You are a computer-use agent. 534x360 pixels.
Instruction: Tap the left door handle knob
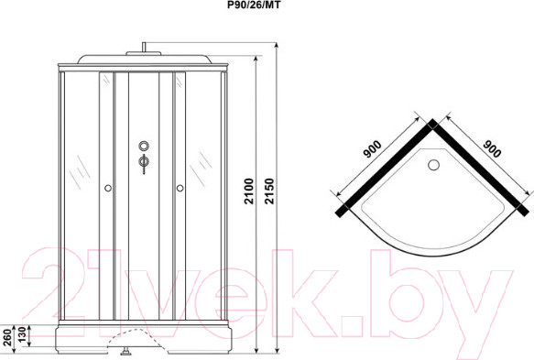109,189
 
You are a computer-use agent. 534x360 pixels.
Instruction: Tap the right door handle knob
180,189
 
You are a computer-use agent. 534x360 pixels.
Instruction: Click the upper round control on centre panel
143,145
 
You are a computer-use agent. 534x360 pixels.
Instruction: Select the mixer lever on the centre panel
143,164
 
